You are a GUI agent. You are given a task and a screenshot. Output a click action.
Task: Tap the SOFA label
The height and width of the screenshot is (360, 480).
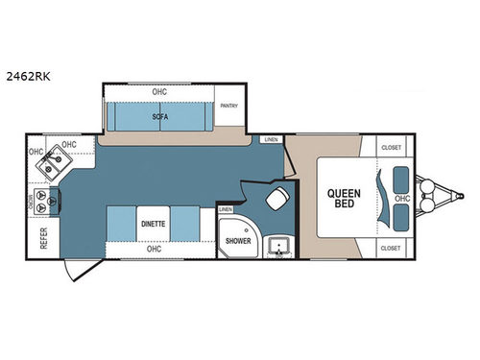coord(159,116)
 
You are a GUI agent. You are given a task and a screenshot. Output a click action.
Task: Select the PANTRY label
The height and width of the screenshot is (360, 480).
coord(228,107)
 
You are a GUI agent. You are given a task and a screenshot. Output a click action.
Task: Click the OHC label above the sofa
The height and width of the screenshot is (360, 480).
coord(158,92)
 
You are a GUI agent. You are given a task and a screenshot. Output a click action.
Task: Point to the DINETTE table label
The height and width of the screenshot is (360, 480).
coord(154,223)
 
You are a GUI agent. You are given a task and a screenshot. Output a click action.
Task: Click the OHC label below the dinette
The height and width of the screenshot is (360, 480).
coord(154,250)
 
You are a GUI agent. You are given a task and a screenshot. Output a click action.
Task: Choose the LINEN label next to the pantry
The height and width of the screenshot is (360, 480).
coord(273,141)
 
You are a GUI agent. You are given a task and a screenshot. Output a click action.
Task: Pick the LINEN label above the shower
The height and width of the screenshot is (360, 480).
coord(226,209)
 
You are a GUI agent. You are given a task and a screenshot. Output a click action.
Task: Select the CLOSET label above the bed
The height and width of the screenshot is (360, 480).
coord(390,148)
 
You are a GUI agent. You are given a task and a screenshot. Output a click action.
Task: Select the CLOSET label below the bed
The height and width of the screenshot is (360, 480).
coord(390,247)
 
